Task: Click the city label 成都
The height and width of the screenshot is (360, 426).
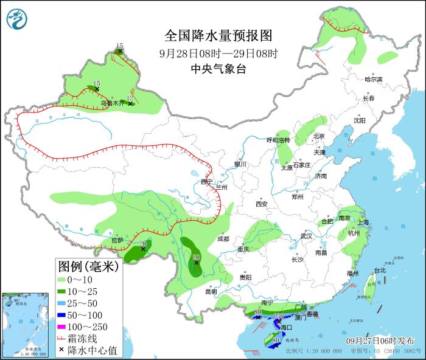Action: click(223, 239)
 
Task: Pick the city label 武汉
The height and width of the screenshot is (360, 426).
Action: click(306, 236)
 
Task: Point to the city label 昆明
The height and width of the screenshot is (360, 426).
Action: click(211, 291)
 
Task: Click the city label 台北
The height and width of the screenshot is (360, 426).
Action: click(379, 270)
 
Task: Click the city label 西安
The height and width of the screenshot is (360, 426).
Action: click(262, 204)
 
